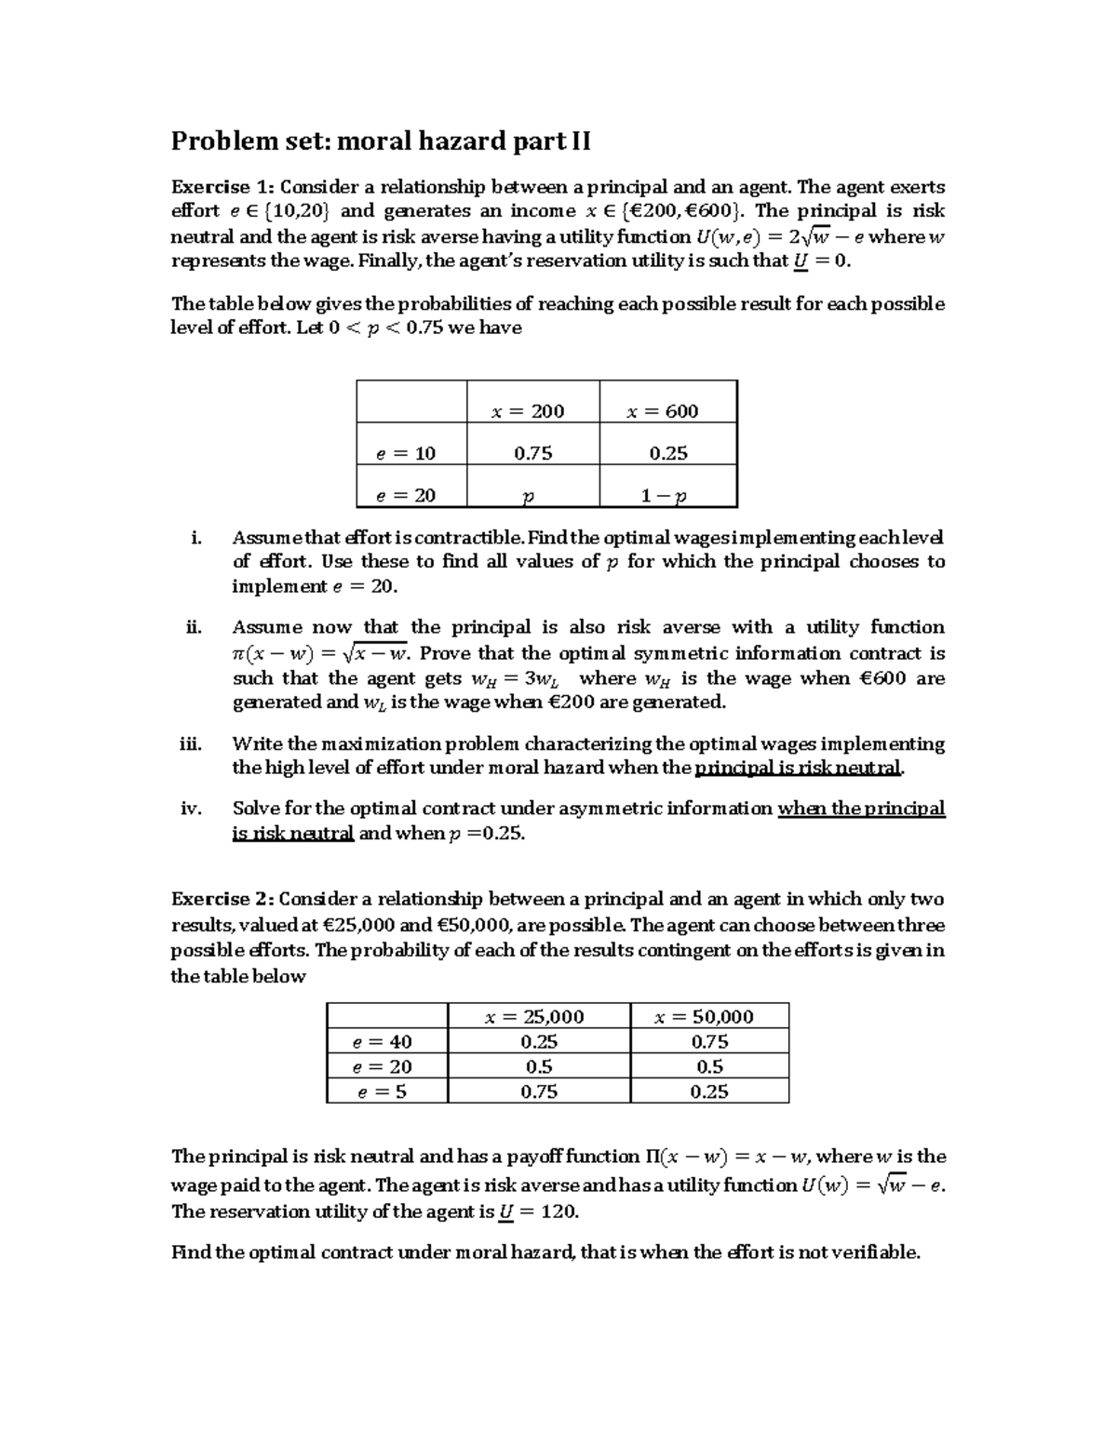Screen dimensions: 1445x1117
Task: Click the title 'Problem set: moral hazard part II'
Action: click(x=381, y=141)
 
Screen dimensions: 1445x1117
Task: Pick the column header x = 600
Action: click(x=663, y=411)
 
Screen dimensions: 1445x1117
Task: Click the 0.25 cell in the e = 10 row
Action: click(x=667, y=453)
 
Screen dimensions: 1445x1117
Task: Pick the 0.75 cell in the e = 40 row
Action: click(x=709, y=1042)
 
